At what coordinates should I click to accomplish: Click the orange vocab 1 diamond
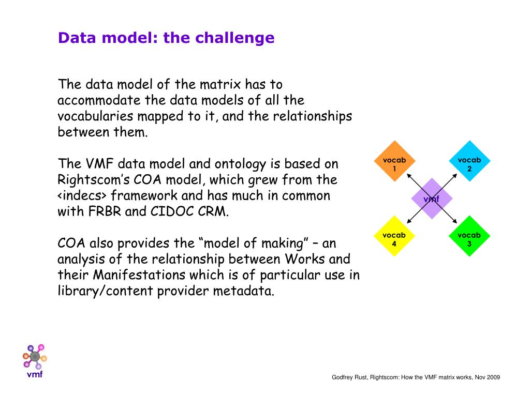click(x=394, y=162)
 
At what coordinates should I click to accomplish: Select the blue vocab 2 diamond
click(x=469, y=162)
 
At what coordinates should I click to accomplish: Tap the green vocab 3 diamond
click(x=469, y=236)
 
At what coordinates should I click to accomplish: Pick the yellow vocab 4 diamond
click(x=394, y=236)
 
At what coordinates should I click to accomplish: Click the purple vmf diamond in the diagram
click(x=432, y=199)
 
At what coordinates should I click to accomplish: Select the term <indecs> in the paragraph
click(x=82, y=196)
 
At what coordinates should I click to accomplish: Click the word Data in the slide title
click(x=71, y=38)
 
